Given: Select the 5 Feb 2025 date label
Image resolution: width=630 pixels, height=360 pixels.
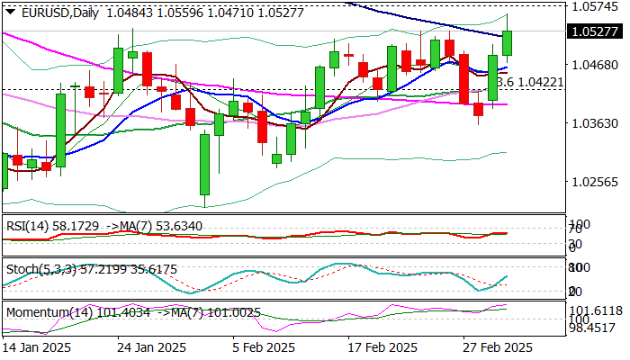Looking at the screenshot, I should click(x=262, y=347).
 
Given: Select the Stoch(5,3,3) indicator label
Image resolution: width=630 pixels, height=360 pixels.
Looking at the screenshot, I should click(x=36, y=269).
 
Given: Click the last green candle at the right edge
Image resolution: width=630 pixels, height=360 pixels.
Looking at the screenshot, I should click(x=508, y=42).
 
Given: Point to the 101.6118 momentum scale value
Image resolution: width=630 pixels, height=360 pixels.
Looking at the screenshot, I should click(x=598, y=309).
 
